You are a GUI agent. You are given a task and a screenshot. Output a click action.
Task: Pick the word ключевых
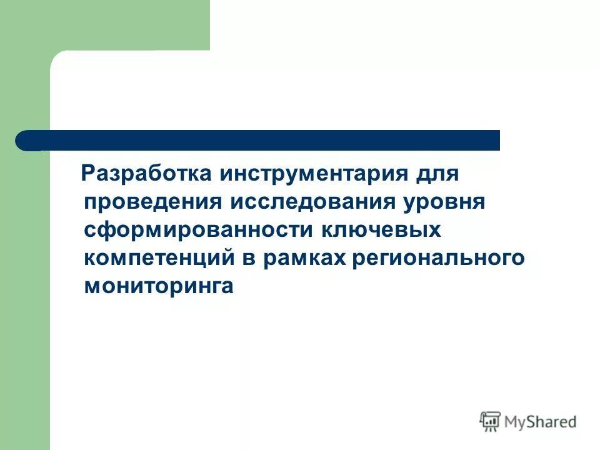[x=381, y=229]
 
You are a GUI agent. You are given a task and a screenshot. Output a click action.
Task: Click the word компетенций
[x=159, y=257]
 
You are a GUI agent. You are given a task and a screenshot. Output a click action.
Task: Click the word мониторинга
[x=159, y=286]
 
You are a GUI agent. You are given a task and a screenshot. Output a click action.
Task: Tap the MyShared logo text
[x=541, y=422]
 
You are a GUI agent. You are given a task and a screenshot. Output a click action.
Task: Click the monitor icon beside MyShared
[x=489, y=422]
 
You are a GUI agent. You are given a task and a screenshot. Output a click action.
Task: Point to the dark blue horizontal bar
[x=262, y=140]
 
